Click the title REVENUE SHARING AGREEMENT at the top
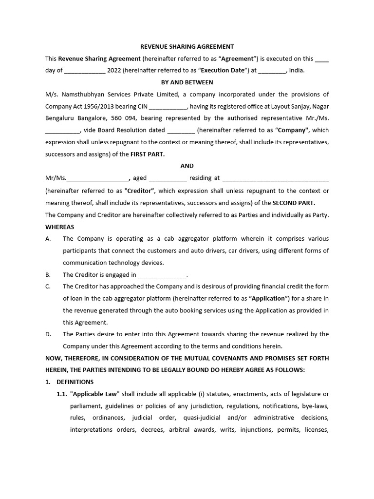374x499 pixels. click(187, 47)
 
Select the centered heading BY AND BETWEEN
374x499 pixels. click(187, 82)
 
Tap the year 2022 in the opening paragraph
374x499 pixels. click(114, 70)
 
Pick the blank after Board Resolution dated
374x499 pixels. click(181, 130)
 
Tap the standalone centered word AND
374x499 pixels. click(187, 166)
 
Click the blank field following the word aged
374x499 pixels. click(167, 178)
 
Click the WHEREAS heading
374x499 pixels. click(60, 227)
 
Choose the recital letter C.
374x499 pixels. click(48, 287)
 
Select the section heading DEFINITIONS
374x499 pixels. click(75, 382)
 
